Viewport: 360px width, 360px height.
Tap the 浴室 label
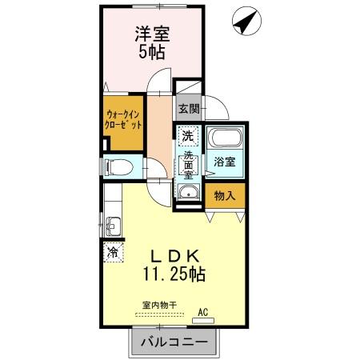coord(224,161)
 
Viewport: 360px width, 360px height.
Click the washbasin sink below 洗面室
coord(188,192)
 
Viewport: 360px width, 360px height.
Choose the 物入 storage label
coord(224,194)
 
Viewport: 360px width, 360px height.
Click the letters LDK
coord(174,256)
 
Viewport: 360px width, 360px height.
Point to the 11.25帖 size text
coord(174,274)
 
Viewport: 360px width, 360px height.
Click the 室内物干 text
coord(158,304)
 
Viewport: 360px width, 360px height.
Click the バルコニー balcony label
coord(174,343)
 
